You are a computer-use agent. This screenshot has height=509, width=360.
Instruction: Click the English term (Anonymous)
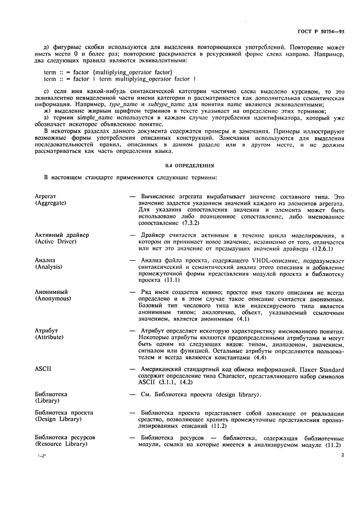[53, 299]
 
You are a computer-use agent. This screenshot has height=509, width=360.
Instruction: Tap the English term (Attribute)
[51, 338]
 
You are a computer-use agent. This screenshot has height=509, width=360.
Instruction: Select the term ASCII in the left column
[42, 369]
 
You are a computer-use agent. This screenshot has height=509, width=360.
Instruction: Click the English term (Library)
[47, 400]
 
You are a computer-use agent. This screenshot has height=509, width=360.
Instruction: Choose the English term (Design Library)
[57, 419]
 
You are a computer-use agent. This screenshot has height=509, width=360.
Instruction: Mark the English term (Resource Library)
[60, 444]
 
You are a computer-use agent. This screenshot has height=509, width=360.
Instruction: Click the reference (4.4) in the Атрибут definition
[211, 357]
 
